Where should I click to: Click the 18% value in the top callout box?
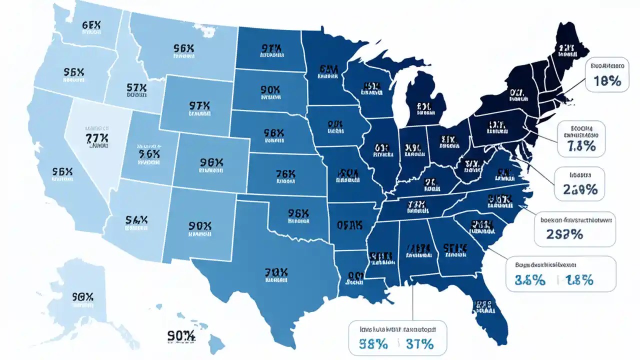click(608, 81)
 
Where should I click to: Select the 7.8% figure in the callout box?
click(581, 146)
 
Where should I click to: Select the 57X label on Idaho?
click(136, 88)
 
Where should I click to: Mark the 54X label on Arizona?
click(136, 219)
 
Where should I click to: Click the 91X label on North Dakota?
click(270, 48)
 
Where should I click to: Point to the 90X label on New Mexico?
click(201, 226)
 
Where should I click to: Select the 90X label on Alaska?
click(83, 296)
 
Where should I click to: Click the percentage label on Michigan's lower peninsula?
click(423, 106)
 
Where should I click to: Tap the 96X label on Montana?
click(183, 48)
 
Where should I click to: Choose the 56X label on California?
click(62, 172)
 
